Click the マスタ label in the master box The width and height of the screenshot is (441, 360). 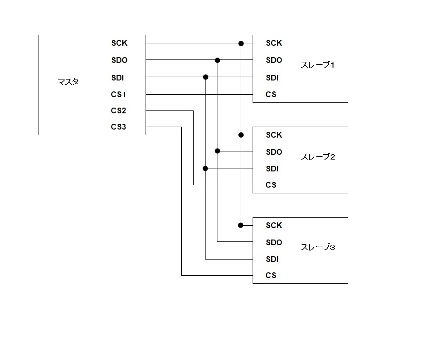(x=68, y=82)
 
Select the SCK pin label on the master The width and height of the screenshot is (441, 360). (x=119, y=43)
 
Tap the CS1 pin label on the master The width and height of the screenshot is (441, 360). (x=118, y=94)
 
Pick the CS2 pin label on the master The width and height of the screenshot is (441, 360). (x=118, y=110)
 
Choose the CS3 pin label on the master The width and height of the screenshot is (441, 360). (x=118, y=127)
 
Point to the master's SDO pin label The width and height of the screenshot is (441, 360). (x=119, y=60)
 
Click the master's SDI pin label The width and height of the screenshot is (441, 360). (x=118, y=78)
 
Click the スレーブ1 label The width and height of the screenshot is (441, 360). (x=318, y=65)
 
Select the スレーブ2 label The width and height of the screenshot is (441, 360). (x=318, y=157)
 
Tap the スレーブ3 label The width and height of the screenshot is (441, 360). (x=318, y=247)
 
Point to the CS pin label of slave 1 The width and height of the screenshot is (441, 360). (x=271, y=94)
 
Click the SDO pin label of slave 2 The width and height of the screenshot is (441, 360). (x=274, y=152)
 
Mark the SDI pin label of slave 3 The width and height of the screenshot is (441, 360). (x=272, y=259)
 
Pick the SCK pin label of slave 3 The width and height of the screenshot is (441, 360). (x=274, y=225)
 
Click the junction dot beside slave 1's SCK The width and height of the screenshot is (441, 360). (x=241, y=43)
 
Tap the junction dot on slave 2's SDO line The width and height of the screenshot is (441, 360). (x=217, y=151)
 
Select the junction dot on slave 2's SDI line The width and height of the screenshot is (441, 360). (x=206, y=168)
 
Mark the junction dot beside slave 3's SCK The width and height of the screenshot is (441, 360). (x=241, y=225)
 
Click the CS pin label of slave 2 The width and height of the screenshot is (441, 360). (x=271, y=185)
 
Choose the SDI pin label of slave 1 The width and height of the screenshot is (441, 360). (x=272, y=78)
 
